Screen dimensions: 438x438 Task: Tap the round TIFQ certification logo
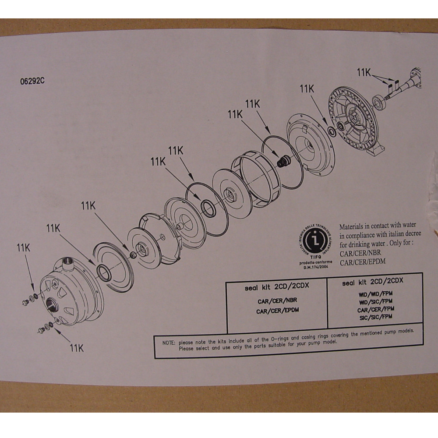tap(315, 241)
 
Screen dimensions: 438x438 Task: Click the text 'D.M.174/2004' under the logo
tap(315, 266)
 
